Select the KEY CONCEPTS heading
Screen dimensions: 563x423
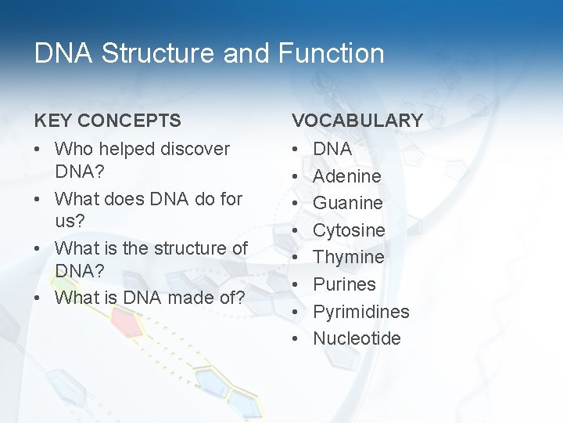(x=107, y=121)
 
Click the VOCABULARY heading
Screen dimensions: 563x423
(x=357, y=121)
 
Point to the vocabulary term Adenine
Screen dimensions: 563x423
(x=347, y=176)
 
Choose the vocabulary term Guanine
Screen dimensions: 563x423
(x=348, y=203)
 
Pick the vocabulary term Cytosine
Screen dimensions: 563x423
(x=350, y=230)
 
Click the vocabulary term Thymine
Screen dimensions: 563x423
(x=349, y=257)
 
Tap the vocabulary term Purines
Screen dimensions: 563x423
(x=345, y=284)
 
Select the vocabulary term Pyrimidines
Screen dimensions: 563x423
(x=361, y=312)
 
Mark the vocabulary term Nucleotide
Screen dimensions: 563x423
(x=357, y=338)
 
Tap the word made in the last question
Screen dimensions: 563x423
(x=191, y=298)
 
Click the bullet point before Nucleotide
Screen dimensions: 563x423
(x=296, y=339)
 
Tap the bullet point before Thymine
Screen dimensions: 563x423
(x=296, y=258)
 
